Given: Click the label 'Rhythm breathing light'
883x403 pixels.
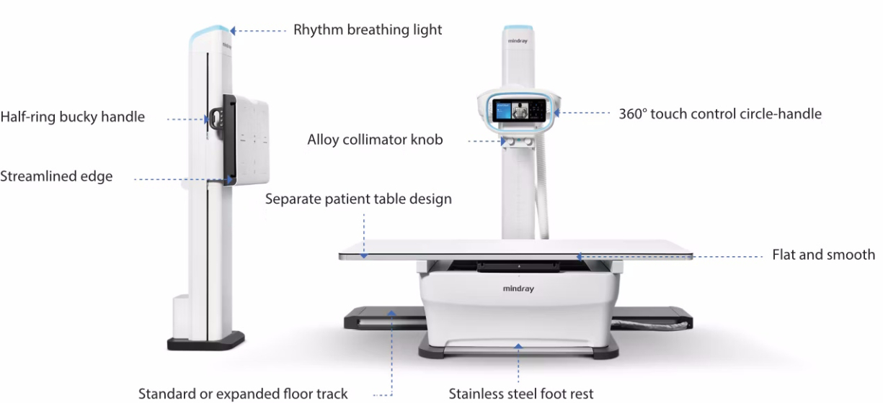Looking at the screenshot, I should pos(368,30).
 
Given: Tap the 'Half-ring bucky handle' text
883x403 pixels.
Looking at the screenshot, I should pos(72,117).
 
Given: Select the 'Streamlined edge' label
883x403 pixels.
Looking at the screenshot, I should pos(56,176).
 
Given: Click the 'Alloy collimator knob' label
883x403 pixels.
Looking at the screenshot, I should pos(375,140).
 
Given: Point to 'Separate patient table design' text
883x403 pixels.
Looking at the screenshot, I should pos(358,199).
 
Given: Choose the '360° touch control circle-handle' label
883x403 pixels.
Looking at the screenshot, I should pos(720,114).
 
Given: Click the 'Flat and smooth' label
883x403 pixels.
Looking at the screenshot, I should pos(823,255).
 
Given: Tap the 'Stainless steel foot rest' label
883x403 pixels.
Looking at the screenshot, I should pos(521,394).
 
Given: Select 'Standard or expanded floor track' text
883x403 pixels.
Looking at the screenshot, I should pos(243,394).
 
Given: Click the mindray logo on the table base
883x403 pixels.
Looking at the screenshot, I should pos(519,289).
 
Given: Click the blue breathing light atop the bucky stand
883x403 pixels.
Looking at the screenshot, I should pos(211,32).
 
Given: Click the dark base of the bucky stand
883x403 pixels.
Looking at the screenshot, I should pos(206,340).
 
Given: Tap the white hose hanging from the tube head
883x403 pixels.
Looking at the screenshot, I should pos(542,194).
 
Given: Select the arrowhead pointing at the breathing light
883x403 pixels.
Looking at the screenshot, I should pos(232,30).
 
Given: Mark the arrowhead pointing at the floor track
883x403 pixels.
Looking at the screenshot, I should pos(392,312).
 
